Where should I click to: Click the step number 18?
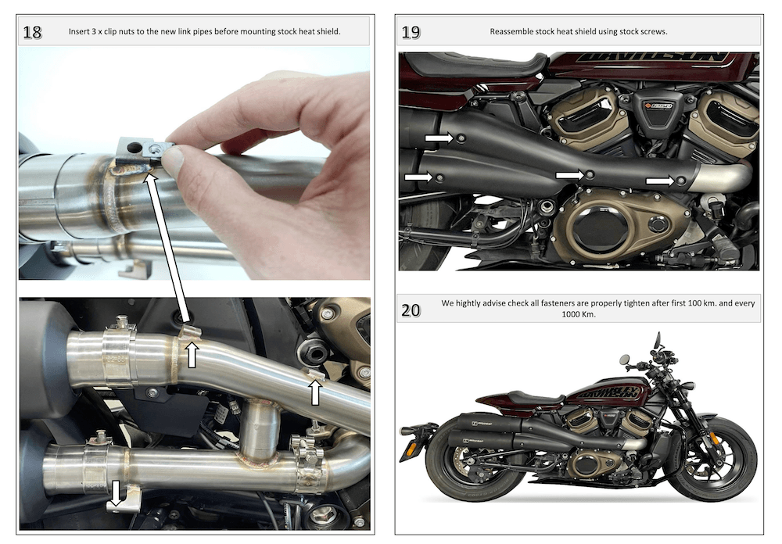(33, 32)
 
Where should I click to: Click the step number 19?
(411, 32)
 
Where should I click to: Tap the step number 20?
(411, 310)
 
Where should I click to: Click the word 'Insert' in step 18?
(81, 32)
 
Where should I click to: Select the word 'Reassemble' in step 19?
(512, 32)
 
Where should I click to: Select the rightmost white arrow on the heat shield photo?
(661, 181)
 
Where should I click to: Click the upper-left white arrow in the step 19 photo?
(439, 138)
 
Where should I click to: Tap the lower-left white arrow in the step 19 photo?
(418, 178)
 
